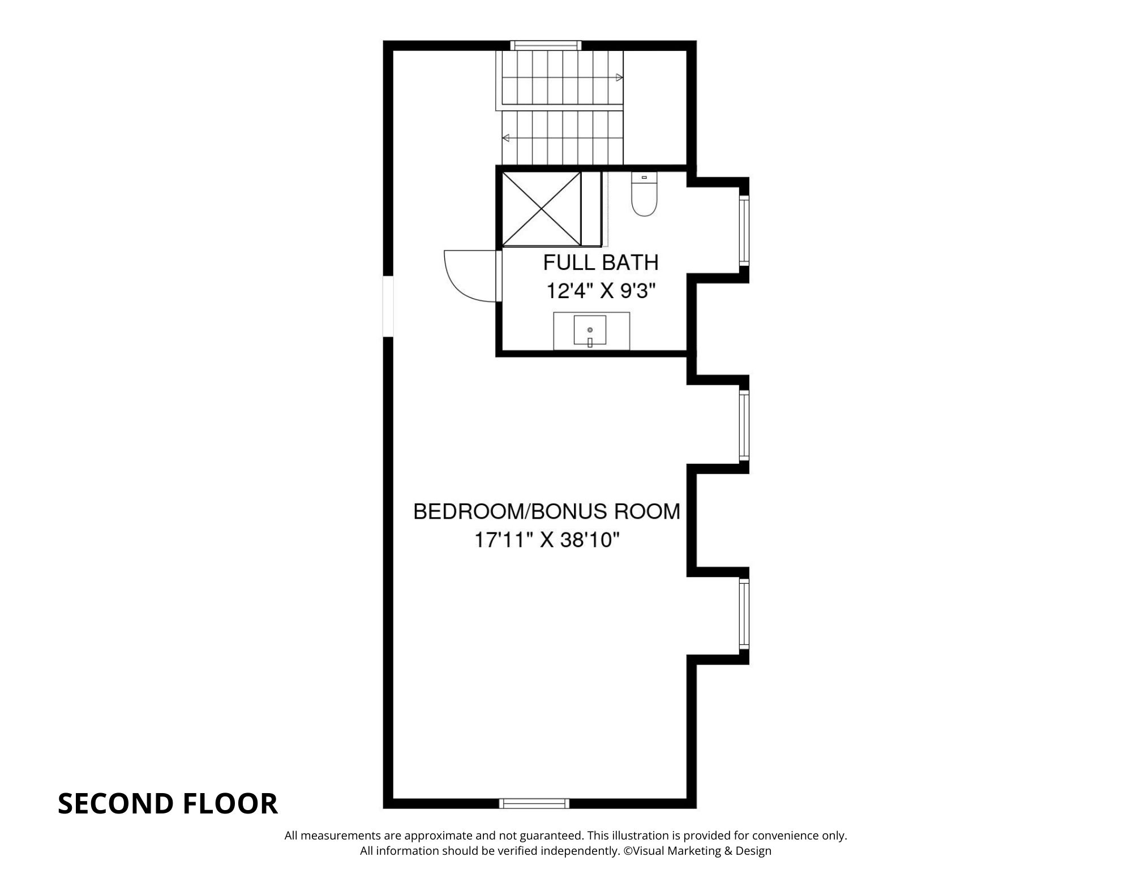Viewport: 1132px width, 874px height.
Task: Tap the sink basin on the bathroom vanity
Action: click(x=590, y=330)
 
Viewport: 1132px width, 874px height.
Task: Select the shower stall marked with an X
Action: click(x=542, y=209)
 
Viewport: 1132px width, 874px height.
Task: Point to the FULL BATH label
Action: click(x=601, y=262)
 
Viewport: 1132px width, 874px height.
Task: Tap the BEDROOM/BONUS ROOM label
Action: click(x=547, y=511)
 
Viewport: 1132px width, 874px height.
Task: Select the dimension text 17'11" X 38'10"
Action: click(x=547, y=540)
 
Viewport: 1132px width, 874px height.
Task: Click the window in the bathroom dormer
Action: click(x=744, y=230)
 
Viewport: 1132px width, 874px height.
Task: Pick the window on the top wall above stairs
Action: click(x=546, y=45)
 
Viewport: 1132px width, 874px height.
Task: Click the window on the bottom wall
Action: click(x=534, y=803)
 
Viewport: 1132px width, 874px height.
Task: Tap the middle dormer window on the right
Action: click(x=744, y=425)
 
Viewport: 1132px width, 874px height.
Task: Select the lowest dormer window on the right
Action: click(x=744, y=613)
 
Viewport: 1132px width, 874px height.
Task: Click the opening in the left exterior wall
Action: click(x=388, y=306)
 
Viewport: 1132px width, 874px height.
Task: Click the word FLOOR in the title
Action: click(x=230, y=803)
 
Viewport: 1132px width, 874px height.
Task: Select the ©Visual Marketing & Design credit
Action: click(x=697, y=851)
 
